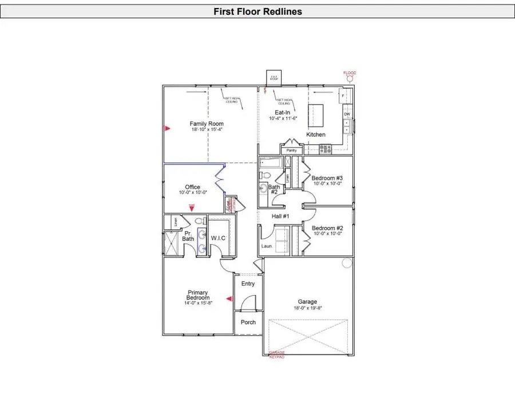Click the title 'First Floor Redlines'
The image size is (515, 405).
click(257, 11)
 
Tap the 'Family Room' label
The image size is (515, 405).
click(207, 124)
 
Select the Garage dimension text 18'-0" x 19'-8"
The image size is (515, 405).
click(307, 308)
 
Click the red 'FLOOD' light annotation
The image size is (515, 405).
click(349, 73)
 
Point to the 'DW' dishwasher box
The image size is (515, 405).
click(347, 114)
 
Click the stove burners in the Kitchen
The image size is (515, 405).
click(325, 149)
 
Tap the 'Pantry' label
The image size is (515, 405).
click(292, 150)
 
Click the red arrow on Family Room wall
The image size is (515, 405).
click(167, 128)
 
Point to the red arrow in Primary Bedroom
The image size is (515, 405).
click(229, 299)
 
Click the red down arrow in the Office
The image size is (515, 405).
click(192, 209)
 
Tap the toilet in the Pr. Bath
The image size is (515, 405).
click(200, 221)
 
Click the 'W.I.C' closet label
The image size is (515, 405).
click(219, 237)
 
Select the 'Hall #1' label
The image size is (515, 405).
click(280, 216)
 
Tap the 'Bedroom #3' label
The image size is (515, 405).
click(327, 178)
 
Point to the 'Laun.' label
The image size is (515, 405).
click(266, 246)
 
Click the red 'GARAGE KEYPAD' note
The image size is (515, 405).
click(276, 355)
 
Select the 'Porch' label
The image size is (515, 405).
click(248, 322)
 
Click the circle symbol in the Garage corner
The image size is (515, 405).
click(346, 263)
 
